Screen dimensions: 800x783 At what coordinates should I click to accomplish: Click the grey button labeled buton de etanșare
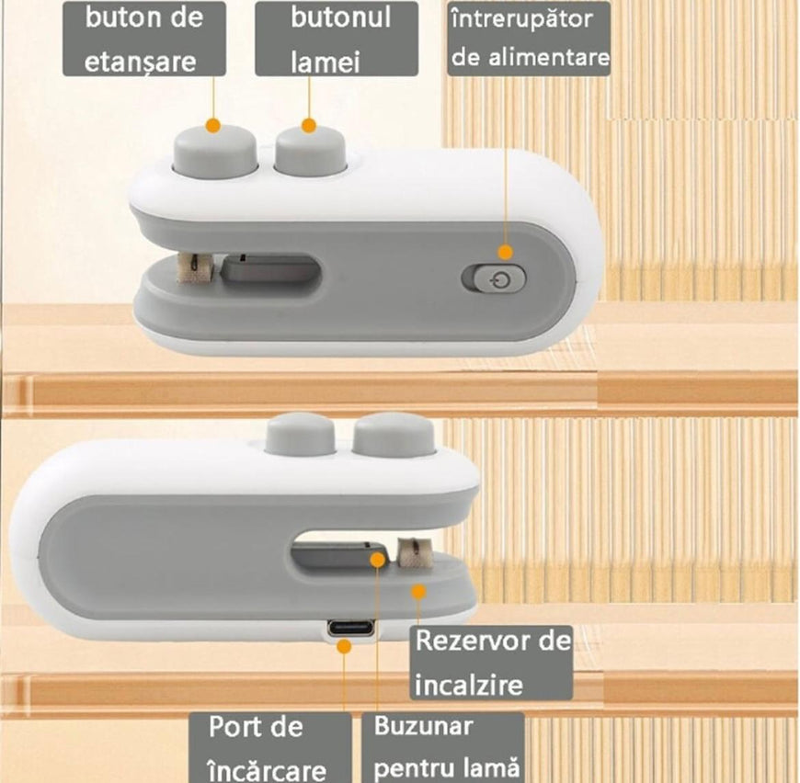(215, 152)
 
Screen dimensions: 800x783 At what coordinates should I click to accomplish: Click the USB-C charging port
(350, 628)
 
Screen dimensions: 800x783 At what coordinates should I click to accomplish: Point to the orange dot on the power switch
(505, 252)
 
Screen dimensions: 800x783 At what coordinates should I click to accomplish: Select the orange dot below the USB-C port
(345, 647)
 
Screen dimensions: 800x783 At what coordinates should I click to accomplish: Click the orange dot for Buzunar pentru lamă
(378, 560)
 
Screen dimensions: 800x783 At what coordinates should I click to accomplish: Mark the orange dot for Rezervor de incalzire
(418, 592)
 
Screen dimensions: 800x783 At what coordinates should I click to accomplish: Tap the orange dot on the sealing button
(213, 125)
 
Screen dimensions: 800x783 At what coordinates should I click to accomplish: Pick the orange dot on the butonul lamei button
(309, 126)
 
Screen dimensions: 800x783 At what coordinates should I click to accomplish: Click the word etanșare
(141, 62)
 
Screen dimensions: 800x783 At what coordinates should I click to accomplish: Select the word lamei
(326, 62)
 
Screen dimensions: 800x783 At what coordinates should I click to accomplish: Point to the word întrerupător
(522, 20)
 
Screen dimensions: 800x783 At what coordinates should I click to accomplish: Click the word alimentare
(550, 57)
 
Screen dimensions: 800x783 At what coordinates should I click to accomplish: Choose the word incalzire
(469, 684)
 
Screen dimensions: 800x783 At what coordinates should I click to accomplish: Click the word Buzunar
(424, 726)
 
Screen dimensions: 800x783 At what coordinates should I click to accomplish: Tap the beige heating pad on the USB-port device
(414, 552)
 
